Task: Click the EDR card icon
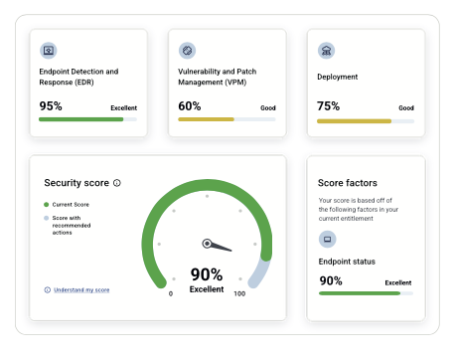[49, 51]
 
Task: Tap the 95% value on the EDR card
[51, 106]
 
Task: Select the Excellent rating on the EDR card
[123, 107]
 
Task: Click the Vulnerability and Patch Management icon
[187, 51]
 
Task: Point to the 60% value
[190, 106]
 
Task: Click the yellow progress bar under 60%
[206, 119]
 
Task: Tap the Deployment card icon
[326, 51]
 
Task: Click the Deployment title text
[338, 77]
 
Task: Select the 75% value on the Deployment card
[328, 106]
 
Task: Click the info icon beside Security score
[117, 183]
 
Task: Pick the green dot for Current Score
[47, 205]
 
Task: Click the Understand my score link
[81, 290]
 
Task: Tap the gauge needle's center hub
[207, 244]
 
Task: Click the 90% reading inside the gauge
[207, 274]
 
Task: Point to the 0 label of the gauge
[171, 293]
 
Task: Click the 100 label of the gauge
[239, 293]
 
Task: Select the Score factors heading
[348, 183]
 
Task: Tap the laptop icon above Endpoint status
[327, 239]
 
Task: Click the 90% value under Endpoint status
[331, 280]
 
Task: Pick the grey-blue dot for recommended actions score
[47, 218]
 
